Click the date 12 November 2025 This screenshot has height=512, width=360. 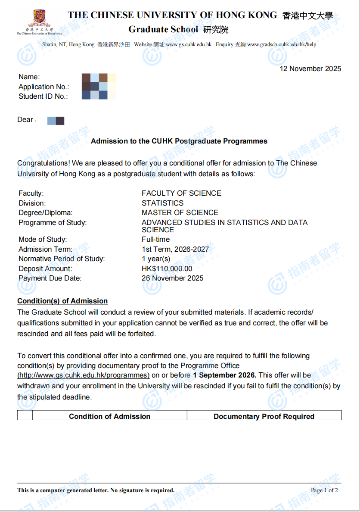pos(310,69)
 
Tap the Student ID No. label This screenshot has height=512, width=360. pos(43,97)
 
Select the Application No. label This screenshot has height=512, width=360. pos(44,87)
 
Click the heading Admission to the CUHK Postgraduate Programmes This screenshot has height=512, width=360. pos(179,141)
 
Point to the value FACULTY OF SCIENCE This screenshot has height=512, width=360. pos(181,194)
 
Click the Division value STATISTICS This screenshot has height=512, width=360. pos(162,203)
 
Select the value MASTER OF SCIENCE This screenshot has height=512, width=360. pos(180,212)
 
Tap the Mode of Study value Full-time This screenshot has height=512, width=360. pos(155,240)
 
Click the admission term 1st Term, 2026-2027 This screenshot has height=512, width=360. pos(175,249)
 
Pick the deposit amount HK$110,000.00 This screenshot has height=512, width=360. pos(167,268)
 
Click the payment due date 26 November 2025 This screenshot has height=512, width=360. pos(172,278)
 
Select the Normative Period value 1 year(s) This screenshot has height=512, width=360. pos(156,259)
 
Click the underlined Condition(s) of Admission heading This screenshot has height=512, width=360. pos(62,301)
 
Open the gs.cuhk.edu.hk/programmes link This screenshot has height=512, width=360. pos(84,375)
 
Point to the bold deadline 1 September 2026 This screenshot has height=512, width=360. pos(224,375)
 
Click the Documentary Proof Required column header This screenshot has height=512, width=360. pos(264,416)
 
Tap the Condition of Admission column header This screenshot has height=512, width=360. pos(109,416)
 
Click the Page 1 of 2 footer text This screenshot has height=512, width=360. pos(324,490)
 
